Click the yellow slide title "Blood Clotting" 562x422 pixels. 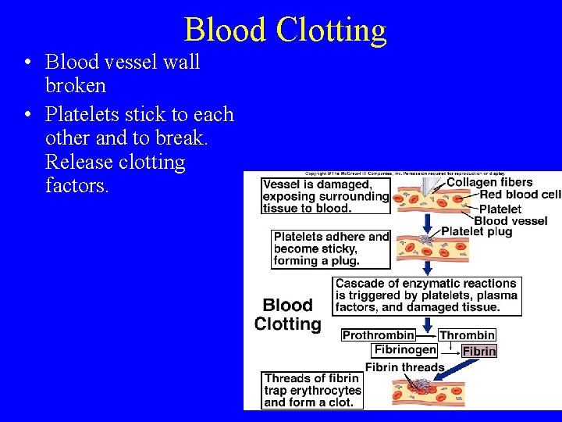(285, 30)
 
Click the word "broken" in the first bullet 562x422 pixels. (76, 85)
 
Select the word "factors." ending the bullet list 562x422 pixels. (77, 186)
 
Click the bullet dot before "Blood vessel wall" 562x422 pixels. (27, 63)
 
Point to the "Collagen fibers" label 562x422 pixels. (489, 183)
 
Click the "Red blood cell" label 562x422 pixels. (520, 195)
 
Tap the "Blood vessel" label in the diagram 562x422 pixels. (510, 220)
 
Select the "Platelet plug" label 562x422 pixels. (476, 231)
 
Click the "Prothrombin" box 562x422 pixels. (379, 335)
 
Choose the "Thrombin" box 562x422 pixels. (467, 335)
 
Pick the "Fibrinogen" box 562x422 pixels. (404, 350)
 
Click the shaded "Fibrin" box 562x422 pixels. (478, 351)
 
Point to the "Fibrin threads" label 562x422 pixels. (404, 367)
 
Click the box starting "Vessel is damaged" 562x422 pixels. (325, 195)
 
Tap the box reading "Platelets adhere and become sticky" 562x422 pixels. (331, 249)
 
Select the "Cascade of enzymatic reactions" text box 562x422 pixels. (427, 295)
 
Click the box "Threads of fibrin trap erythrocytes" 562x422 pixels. (312, 390)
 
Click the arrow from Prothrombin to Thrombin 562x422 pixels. (427, 335)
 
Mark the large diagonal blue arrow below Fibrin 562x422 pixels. (461, 374)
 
